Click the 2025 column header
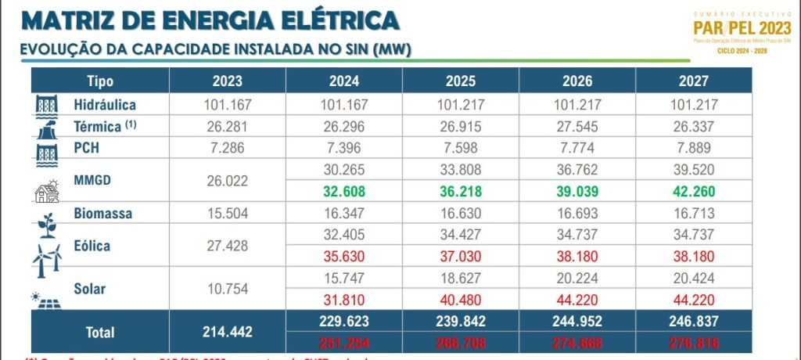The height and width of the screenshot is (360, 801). (461, 81)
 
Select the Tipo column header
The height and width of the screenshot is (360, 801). (100, 81)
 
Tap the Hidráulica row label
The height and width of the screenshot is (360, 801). (105, 104)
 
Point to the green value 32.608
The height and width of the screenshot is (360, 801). (344, 191)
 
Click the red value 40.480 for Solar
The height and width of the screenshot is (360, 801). (461, 298)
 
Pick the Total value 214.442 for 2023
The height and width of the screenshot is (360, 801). (227, 331)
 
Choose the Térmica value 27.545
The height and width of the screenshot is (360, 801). (577, 126)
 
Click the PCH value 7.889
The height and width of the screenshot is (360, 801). (693, 147)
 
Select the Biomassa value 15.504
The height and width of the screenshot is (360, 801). (227, 213)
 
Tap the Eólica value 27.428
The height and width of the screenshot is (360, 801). (227, 246)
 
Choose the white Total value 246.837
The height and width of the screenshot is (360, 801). (693, 320)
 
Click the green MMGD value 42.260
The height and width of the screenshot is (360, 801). (693, 191)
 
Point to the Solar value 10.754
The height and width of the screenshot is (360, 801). (227, 288)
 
